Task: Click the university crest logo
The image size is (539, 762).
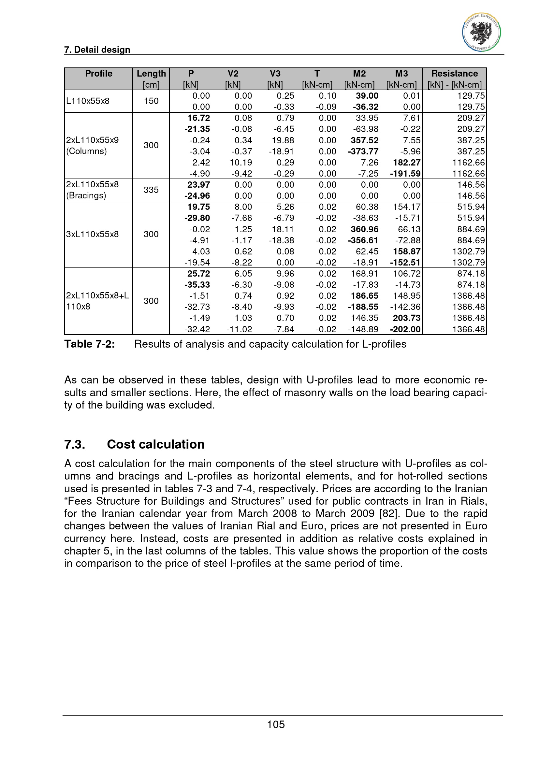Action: [x=481, y=32]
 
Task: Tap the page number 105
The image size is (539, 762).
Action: [x=276, y=724]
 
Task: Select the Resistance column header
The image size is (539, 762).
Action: [x=454, y=74]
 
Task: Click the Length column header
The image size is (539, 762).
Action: [x=151, y=74]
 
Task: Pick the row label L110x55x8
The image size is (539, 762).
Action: [x=88, y=101]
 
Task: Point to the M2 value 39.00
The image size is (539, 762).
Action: [x=367, y=96]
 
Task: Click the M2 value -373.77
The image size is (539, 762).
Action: [x=363, y=151]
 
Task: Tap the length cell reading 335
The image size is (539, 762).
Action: [x=151, y=190]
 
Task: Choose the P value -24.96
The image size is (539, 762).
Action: [x=197, y=196]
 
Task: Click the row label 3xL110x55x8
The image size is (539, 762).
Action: [x=92, y=234]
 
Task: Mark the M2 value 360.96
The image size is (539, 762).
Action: [x=364, y=229]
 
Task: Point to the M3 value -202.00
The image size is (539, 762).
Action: [x=405, y=329]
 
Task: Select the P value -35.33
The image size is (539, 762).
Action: [x=197, y=285]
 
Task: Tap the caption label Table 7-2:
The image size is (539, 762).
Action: [x=90, y=344]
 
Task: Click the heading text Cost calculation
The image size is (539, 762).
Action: [x=156, y=444]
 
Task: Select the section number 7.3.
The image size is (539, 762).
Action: [x=75, y=444]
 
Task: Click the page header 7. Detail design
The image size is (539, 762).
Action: [x=97, y=50]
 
